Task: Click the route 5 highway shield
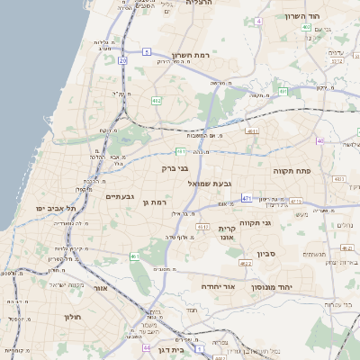click(x=147, y=52)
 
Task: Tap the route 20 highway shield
click(x=121, y=59)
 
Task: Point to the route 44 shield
click(x=146, y=346)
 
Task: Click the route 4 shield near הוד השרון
click(x=258, y=20)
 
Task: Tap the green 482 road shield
click(x=157, y=101)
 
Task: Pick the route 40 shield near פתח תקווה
click(x=319, y=140)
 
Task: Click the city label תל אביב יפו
click(x=53, y=208)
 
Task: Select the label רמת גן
click(x=157, y=202)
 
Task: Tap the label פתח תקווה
click(x=292, y=169)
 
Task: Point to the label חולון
click(x=73, y=317)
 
